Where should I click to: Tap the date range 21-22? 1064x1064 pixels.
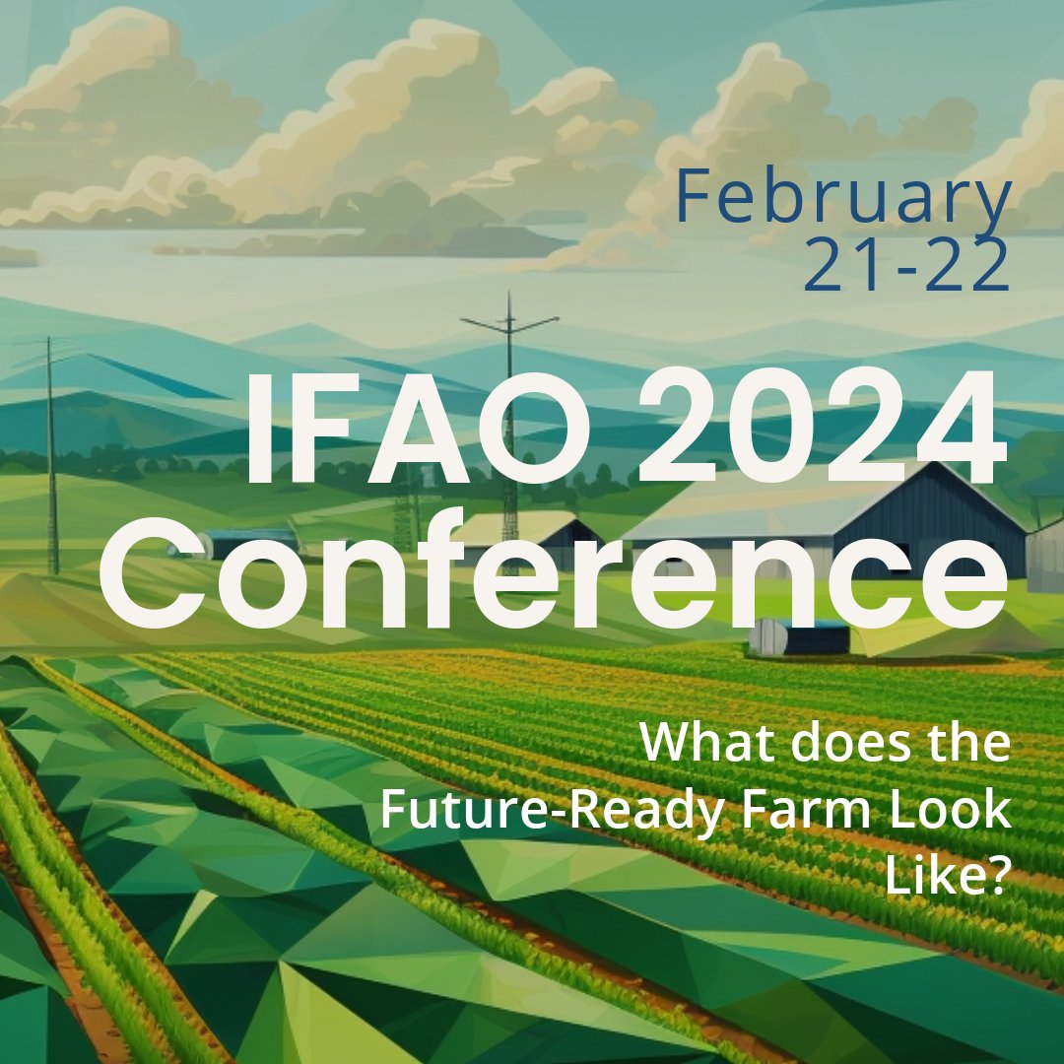pos(906,266)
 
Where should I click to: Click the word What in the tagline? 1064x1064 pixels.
pos(696,744)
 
